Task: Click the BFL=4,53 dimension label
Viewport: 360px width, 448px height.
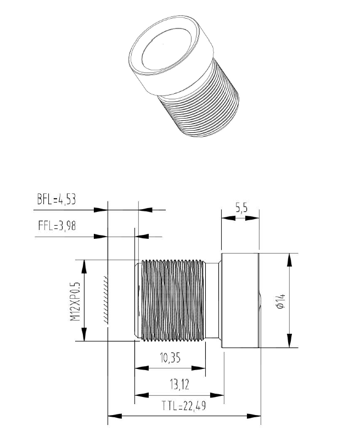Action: click(56, 199)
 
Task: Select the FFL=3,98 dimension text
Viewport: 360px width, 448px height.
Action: click(56, 226)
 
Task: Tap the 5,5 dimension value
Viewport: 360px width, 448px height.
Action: click(241, 208)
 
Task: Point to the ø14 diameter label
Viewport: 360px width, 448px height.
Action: click(279, 300)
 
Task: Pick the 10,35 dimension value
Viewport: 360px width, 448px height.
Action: click(171, 359)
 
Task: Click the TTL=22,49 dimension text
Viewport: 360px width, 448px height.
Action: click(184, 406)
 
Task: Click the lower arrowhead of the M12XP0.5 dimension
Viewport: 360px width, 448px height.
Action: click(84, 335)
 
